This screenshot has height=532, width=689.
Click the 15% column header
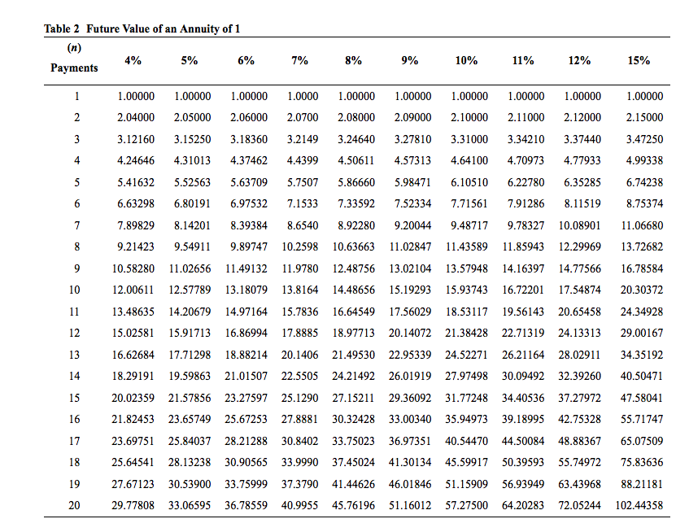pyautogui.click(x=639, y=60)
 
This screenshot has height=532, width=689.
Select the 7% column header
pyautogui.click(x=299, y=60)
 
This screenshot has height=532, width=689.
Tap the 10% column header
pyautogui.click(x=466, y=60)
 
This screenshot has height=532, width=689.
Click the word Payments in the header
pyautogui.click(x=74, y=68)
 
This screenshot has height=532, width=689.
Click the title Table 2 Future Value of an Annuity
pyautogui.click(x=142, y=29)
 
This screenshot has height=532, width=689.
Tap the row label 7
pyautogui.click(x=76, y=225)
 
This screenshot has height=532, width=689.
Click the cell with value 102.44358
pyautogui.click(x=639, y=504)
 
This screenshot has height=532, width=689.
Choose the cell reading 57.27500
pyautogui.click(x=466, y=504)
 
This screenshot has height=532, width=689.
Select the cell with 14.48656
pyautogui.click(x=354, y=290)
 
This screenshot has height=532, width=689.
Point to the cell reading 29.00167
pyautogui.click(x=641, y=333)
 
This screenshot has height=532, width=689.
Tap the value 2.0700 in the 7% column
pyautogui.click(x=303, y=117)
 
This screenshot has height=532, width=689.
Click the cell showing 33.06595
pyautogui.click(x=190, y=504)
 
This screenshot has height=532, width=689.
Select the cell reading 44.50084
pyautogui.click(x=523, y=440)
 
